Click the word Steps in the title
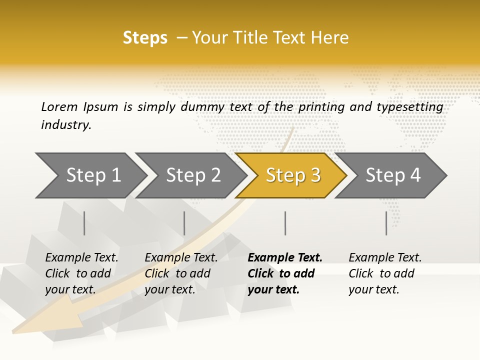[145, 38]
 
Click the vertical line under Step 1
[84, 223]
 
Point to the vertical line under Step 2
[184, 223]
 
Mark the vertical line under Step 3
[285, 223]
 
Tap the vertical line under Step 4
[386, 223]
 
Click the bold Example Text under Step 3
[284, 273]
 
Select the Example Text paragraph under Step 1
[81, 273]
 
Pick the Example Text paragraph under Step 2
[181, 273]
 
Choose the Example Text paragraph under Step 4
[385, 273]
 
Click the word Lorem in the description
[59, 106]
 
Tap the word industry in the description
[66, 125]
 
